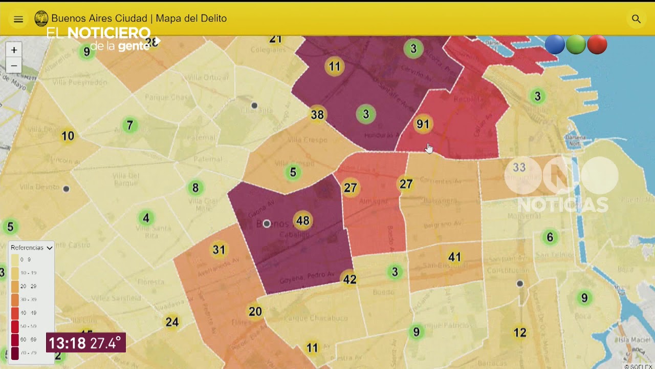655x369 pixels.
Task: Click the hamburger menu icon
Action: pos(18,19)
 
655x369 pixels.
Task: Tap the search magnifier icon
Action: pos(636,19)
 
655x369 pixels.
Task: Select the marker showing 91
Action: pos(423,124)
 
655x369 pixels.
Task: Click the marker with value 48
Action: pos(302,221)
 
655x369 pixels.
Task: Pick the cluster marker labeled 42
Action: pos(350,279)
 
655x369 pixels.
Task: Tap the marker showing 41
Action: pos(454,257)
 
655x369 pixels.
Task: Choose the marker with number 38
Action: pos(317,114)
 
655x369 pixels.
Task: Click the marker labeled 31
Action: pos(219,250)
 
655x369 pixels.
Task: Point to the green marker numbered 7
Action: pos(130,125)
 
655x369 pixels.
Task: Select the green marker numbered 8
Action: pos(195,188)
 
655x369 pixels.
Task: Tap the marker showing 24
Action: pos(172,322)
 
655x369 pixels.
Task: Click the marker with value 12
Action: pos(520,333)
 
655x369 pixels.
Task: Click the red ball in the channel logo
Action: pos(597,45)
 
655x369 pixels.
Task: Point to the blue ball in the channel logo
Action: pos(555,45)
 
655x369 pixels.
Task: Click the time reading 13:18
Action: pos(67,343)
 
